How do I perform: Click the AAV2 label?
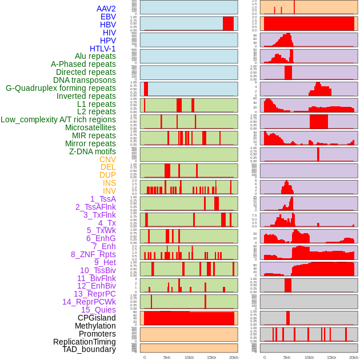pyautogui.click(x=106, y=9)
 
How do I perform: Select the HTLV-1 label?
pyautogui.click(x=102, y=49)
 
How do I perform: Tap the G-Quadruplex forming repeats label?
pyautogui.click(x=61, y=89)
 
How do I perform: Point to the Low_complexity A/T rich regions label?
pyautogui.click(x=58, y=120)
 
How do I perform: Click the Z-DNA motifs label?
pyautogui.click(x=93, y=151)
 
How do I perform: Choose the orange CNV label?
pyautogui.click(x=107, y=159)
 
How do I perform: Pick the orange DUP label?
pyautogui.click(x=107, y=175)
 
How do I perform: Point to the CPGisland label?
pyautogui.click(x=97, y=318)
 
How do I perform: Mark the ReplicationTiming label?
pyautogui.click(x=85, y=342)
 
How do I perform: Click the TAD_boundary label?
pyautogui.click(x=89, y=349)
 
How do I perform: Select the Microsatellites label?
pyautogui.click(x=90, y=128)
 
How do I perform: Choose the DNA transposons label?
pyautogui.click(x=85, y=81)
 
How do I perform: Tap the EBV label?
pyautogui.click(x=108, y=17)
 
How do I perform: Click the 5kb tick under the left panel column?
pyautogui.click(x=167, y=357)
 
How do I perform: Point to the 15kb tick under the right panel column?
pyautogui.click(x=331, y=357)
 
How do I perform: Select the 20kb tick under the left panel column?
pyautogui.click(x=233, y=357)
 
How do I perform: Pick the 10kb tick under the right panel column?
pyautogui.click(x=309, y=357)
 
